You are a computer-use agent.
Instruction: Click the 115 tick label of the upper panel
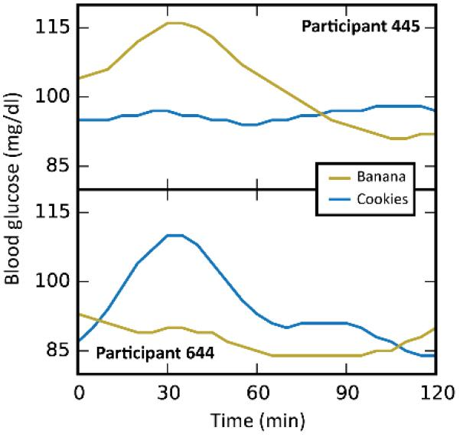pos(53,28)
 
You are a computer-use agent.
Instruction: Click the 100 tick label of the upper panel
pos(53,97)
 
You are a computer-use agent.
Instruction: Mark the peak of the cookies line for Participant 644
pos(175,235)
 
